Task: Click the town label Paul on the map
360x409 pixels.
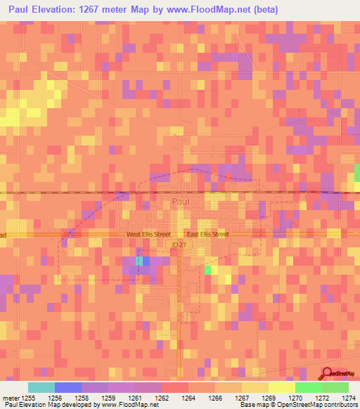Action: tap(181, 202)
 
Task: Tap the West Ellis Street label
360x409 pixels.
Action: tap(148, 234)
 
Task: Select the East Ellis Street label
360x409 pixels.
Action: tap(207, 234)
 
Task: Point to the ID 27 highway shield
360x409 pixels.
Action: tap(180, 245)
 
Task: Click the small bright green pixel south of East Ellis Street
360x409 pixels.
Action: tap(207, 270)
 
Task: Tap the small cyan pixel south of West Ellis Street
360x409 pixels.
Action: tap(139, 261)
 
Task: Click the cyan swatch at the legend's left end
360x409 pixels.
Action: tap(41, 387)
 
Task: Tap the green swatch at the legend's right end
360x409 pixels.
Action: tap(335, 387)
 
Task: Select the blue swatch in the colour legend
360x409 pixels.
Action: tap(67, 387)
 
